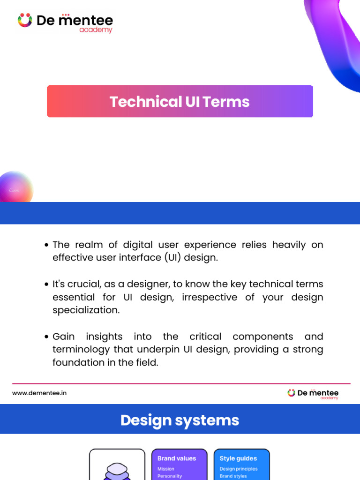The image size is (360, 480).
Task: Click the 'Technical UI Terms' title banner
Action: pos(180,101)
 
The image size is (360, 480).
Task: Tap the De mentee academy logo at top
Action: pos(66,22)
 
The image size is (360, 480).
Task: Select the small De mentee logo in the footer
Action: pos(313,394)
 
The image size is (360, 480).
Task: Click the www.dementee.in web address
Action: pos(39,393)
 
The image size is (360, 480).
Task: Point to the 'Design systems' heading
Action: pos(180,420)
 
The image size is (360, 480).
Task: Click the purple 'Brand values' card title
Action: pos(177,458)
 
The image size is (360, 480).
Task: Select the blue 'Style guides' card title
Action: pos(238,458)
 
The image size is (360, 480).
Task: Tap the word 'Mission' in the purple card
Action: pos(166,469)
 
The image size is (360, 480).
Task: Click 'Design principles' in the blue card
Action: pos(239,469)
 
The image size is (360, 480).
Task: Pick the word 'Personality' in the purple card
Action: pos(170,476)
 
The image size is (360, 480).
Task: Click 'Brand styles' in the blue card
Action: pos(233,476)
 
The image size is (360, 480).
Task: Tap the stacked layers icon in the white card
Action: pos(117,471)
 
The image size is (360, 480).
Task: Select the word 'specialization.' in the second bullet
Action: pos(86,310)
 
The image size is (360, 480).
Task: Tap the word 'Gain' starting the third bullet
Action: pos(64,337)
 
